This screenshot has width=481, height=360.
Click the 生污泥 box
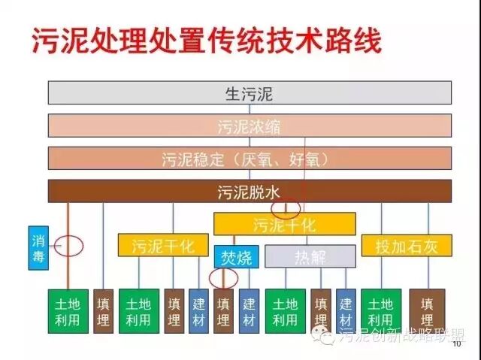(x=250, y=93)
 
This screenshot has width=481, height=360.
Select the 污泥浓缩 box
(x=250, y=126)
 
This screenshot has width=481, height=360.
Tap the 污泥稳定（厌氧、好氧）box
(x=250, y=159)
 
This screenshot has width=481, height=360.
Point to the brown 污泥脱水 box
(x=250, y=191)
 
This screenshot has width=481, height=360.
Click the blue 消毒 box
(x=38, y=247)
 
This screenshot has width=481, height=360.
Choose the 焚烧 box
(x=237, y=257)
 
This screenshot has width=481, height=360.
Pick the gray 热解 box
(x=310, y=257)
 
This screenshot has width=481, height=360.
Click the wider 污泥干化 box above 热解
(x=284, y=224)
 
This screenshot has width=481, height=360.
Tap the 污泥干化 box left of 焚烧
(x=162, y=245)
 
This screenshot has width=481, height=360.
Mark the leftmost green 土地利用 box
(x=68, y=311)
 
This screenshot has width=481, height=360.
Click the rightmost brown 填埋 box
(x=427, y=311)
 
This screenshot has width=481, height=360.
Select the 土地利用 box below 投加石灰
(x=381, y=311)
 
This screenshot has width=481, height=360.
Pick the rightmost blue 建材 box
(x=346, y=311)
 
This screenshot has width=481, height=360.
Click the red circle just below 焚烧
(x=223, y=278)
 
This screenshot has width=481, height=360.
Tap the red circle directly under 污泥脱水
(x=286, y=207)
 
